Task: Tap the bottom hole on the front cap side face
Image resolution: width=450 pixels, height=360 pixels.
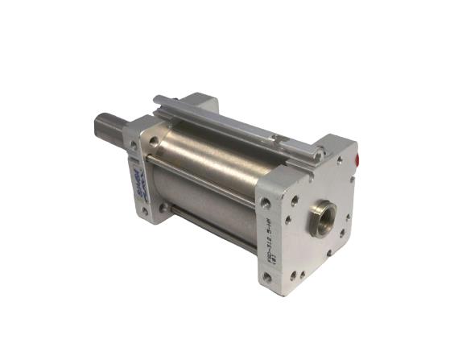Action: point(145,211)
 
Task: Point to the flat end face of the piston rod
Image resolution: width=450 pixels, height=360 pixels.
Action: point(97,126)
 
